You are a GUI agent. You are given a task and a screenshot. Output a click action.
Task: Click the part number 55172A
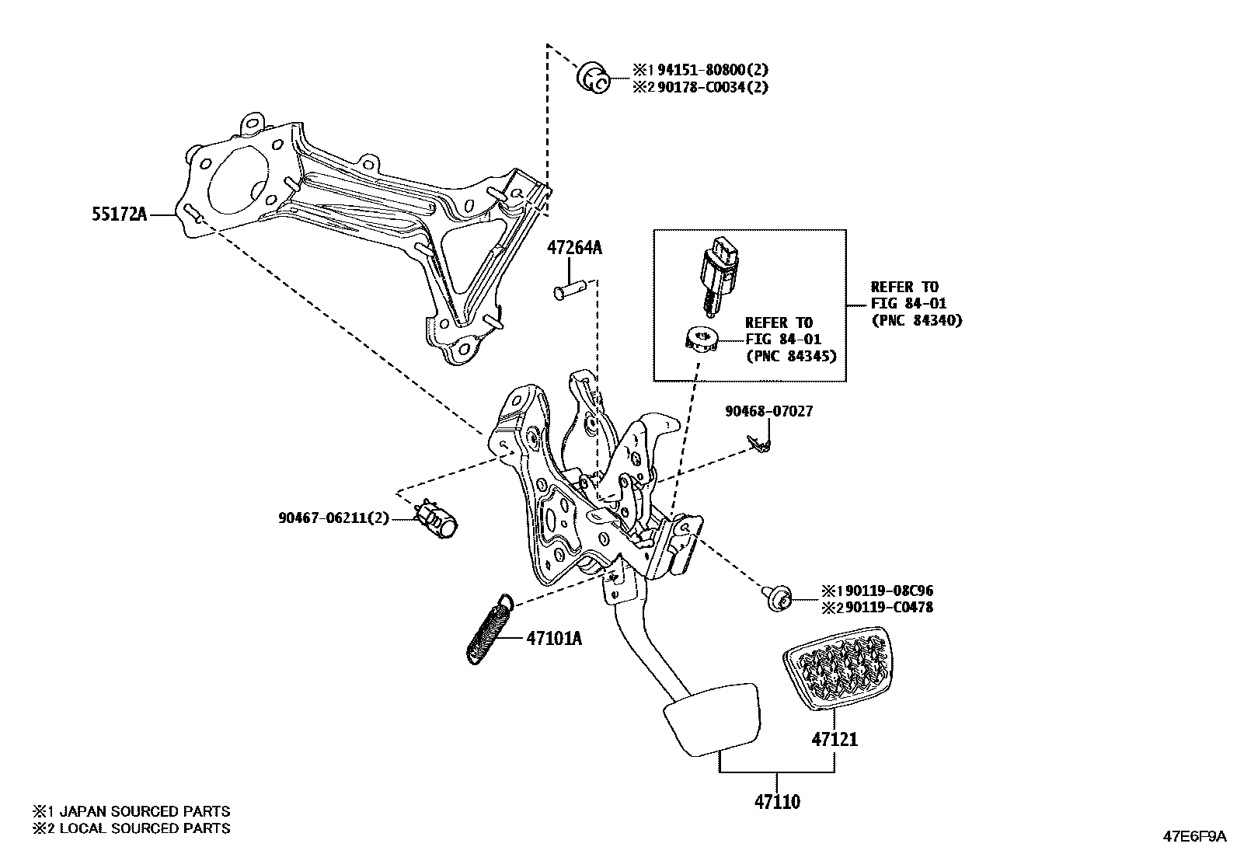[119, 214]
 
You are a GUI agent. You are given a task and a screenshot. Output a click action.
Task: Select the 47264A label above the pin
[574, 249]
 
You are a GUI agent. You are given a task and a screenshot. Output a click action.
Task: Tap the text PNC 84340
[916, 320]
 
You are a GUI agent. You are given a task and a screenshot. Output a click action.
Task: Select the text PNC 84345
[790, 356]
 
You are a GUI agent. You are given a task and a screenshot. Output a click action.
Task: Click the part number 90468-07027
[769, 411]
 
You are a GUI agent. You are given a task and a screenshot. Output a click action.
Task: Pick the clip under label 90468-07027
[758, 444]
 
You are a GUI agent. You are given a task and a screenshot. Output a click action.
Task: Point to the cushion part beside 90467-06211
[437, 518]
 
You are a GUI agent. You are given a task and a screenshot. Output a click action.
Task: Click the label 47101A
[554, 640]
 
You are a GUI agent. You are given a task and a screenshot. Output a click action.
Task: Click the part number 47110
[777, 801]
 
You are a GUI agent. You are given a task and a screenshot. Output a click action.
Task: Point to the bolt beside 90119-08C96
[778, 599]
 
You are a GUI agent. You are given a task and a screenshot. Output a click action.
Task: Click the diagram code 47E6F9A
[1193, 837]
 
